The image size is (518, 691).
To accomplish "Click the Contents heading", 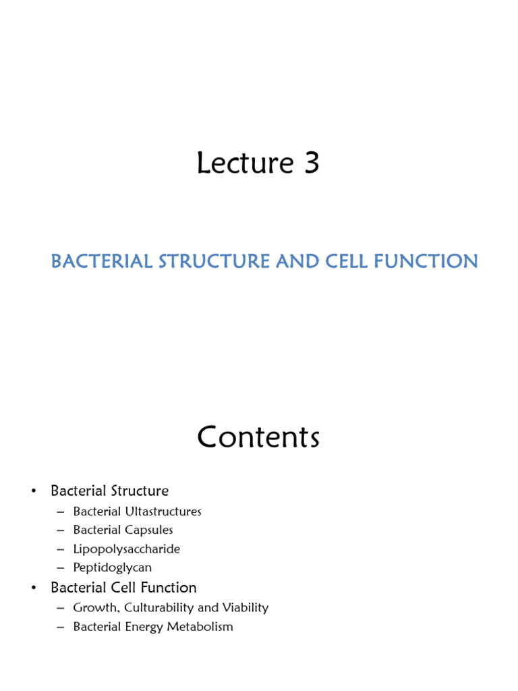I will pyautogui.click(x=258, y=438).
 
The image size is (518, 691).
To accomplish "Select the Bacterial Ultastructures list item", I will pyautogui.click(x=137, y=512).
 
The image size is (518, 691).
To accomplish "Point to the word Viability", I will pyautogui.click(x=246, y=608).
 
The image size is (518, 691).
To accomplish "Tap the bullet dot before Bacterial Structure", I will pyautogui.click(x=33, y=491).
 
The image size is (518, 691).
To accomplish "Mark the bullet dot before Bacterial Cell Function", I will pyautogui.click(x=33, y=588).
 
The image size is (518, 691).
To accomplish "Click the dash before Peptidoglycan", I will pyautogui.click(x=60, y=568).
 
